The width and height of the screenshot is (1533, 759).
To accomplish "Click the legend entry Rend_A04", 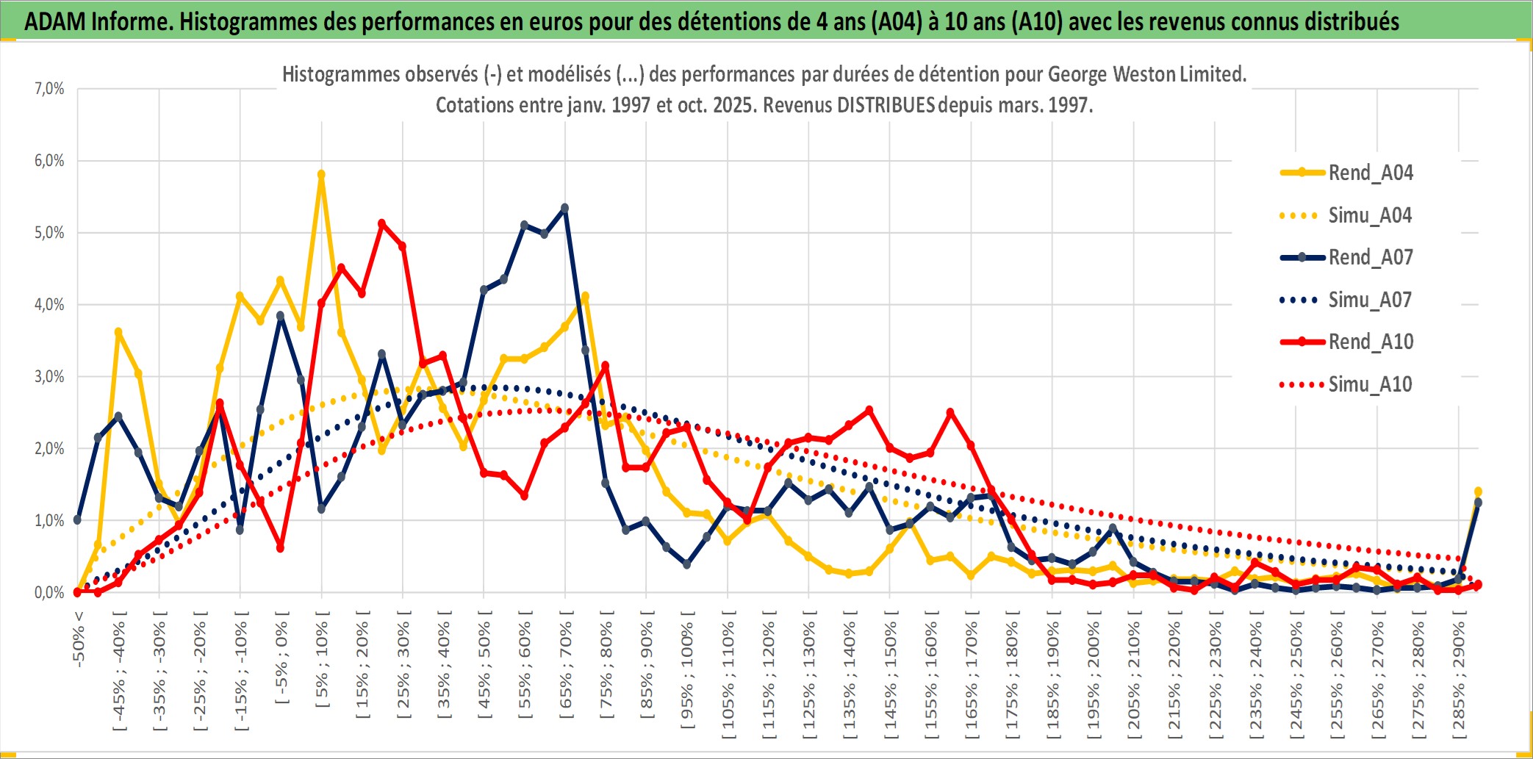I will pos(1370,173).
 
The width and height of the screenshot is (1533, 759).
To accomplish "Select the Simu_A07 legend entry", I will pos(1370,300).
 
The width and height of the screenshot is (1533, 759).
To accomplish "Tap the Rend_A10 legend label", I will pos(1371,342).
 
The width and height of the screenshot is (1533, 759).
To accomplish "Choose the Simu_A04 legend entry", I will pos(1370,215).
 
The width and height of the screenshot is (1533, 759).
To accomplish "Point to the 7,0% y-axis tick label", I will pos(49,89).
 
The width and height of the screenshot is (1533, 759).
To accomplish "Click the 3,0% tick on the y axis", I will pos(49,377).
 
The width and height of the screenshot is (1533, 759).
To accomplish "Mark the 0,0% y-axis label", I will pos(49,593).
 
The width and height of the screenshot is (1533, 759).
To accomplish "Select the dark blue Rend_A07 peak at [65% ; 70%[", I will pos(564,208).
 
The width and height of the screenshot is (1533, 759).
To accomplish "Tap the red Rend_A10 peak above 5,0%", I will pos(381,223).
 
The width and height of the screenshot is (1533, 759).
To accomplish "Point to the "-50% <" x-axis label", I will pos(79,639).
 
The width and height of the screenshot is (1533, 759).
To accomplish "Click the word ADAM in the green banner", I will pos(55,21).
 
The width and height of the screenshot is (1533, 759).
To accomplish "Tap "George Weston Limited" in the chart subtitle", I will pos(1146,74).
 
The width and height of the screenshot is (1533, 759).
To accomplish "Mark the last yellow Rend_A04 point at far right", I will pos(1478,492).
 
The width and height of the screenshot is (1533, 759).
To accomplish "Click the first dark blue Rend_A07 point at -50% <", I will pos(77,519).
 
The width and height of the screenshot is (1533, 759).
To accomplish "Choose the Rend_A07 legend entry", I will pos(1370,257).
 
